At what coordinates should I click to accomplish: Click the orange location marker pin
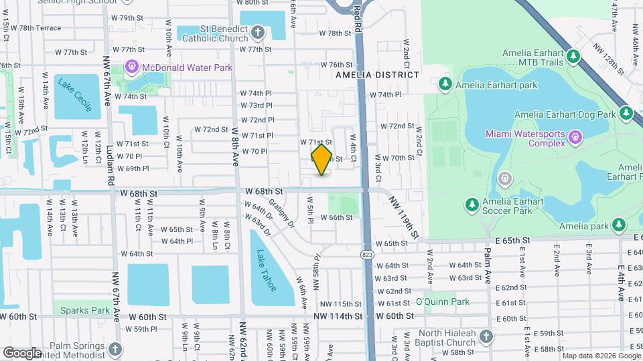click(321, 160)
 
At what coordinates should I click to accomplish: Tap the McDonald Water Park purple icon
click(132, 68)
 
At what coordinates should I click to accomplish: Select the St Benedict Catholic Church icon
click(259, 31)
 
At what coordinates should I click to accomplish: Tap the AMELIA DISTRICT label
click(377, 74)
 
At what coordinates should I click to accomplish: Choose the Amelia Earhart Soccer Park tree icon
click(472, 204)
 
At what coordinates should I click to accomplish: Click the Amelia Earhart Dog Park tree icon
click(626, 114)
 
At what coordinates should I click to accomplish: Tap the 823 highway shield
click(368, 254)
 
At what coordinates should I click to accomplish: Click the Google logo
click(22, 352)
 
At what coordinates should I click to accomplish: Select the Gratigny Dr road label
click(281, 212)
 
